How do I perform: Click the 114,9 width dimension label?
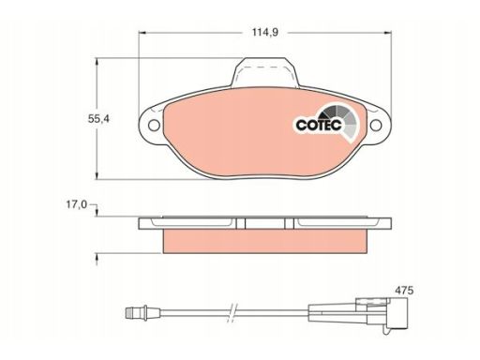(265, 33)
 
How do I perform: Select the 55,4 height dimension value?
(98, 119)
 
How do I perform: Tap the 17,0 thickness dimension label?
(76, 205)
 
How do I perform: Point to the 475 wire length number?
(404, 291)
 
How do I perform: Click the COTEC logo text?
(319, 125)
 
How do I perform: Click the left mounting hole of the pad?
(154, 126)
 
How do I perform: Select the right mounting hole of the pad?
(376, 126)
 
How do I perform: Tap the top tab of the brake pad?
(265, 72)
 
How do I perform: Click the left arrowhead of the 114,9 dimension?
(142, 33)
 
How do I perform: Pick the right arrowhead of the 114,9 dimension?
(387, 33)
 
